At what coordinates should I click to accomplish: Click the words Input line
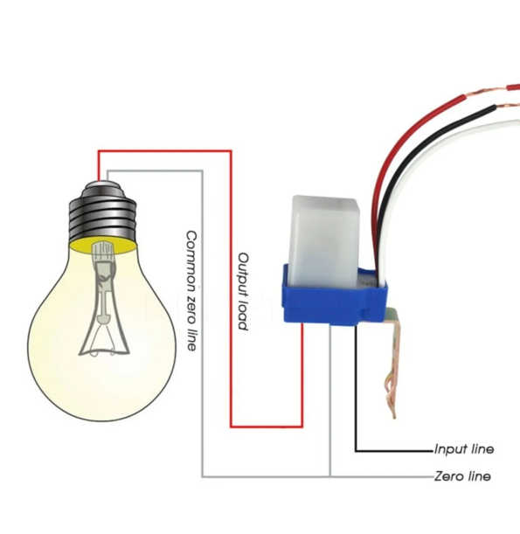click(x=464, y=449)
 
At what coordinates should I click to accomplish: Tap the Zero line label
click(x=462, y=475)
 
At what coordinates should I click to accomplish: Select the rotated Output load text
click(x=242, y=292)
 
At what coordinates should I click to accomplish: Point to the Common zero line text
click(x=191, y=291)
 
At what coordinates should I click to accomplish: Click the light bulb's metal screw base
click(x=102, y=213)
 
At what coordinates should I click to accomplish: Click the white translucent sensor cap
click(x=324, y=240)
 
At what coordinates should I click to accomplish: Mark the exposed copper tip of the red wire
click(x=486, y=91)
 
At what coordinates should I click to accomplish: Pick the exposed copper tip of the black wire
click(x=508, y=105)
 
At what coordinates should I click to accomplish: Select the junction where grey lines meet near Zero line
click(x=329, y=476)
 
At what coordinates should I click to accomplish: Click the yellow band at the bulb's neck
click(x=103, y=246)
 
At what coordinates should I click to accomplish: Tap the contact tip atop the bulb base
click(x=102, y=184)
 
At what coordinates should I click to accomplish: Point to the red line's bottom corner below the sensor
click(x=302, y=427)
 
